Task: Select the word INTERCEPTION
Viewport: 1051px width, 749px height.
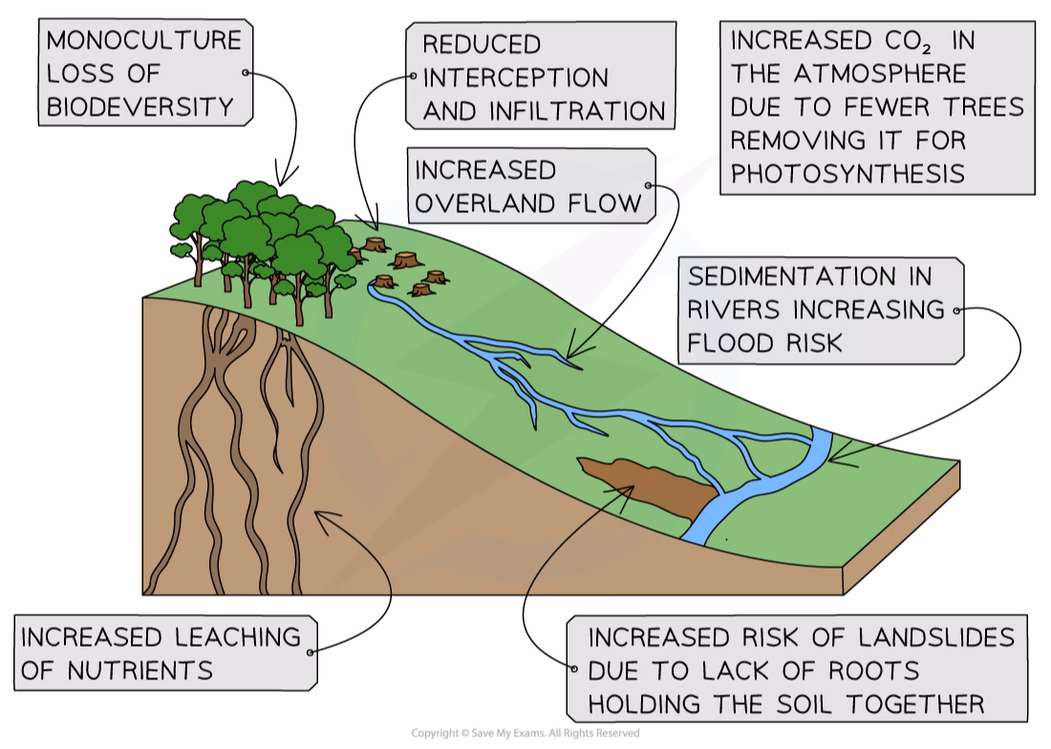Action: (515, 77)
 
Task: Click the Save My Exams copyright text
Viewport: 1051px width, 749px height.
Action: (525, 734)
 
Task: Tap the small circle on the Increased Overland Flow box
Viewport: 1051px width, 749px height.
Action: (650, 186)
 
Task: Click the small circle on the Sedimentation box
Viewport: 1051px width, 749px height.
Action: (956, 310)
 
